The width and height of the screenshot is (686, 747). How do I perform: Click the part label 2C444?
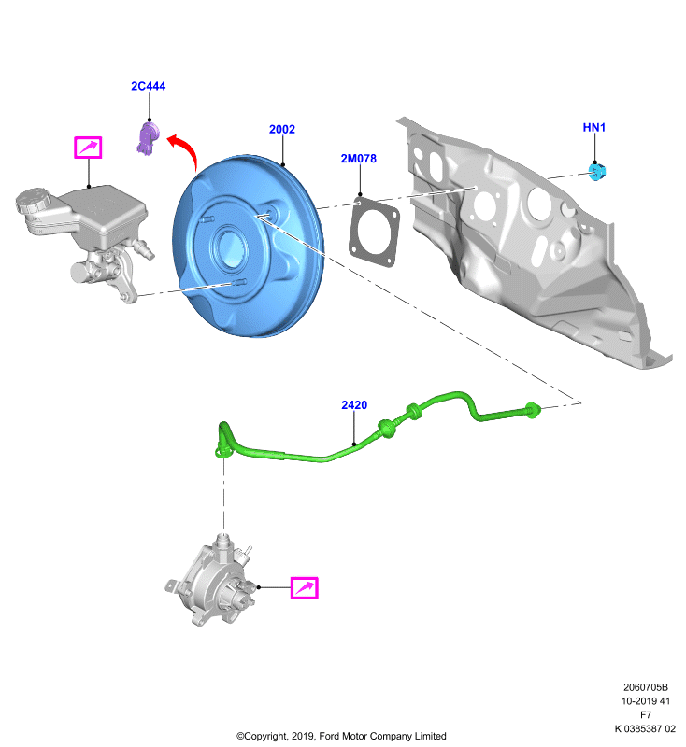[149, 86]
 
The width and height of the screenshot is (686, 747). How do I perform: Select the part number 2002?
[281, 129]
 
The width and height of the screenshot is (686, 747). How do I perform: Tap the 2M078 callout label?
[359, 158]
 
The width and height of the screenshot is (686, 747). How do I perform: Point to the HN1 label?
[594, 127]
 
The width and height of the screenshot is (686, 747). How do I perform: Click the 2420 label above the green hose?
[354, 405]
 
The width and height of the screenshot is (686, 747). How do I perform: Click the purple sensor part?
[149, 137]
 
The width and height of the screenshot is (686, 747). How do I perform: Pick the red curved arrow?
[185, 149]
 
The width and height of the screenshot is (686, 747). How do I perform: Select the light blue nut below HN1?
[597, 172]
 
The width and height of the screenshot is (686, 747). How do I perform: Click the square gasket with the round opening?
[373, 232]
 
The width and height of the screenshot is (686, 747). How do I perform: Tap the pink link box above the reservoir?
[88, 148]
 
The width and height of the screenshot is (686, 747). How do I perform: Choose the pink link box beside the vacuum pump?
[304, 587]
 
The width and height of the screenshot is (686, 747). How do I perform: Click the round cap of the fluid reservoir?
[32, 201]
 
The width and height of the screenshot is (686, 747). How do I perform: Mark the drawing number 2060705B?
[646, 687]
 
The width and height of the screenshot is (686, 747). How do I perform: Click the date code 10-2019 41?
[646, 701]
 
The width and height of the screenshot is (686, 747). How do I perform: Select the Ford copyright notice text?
[341, 736]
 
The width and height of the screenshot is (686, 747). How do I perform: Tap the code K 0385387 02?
[645, 728]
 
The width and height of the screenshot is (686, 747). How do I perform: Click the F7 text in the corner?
[646, 714]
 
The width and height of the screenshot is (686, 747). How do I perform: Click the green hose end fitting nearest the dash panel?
[533, 410]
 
